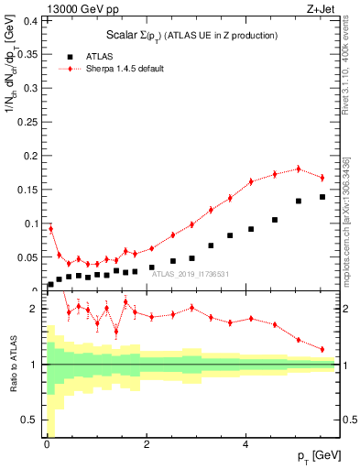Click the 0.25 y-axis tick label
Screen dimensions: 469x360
click(x=27, y=121)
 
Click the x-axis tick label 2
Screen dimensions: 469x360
click(x=147, y=446)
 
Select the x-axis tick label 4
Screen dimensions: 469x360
click(x=246, y=446)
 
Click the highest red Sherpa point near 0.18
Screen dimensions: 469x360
click(x=299, y=169)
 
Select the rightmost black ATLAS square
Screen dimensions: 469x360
click(x=322, y=197)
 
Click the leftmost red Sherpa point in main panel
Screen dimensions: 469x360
click(x=50, y=228)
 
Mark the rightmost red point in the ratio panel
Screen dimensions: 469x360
click(x=322, y=349)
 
